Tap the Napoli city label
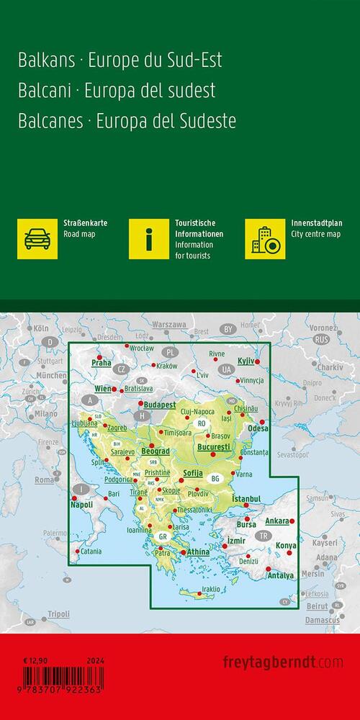pyautogui.click(x=82, y=507)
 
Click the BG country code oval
pyautogui.click(x=215, y=478)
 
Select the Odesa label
pyautogui.click(x=257, y=429)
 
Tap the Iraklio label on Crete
pyautogui.click(x=211, y=590)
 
